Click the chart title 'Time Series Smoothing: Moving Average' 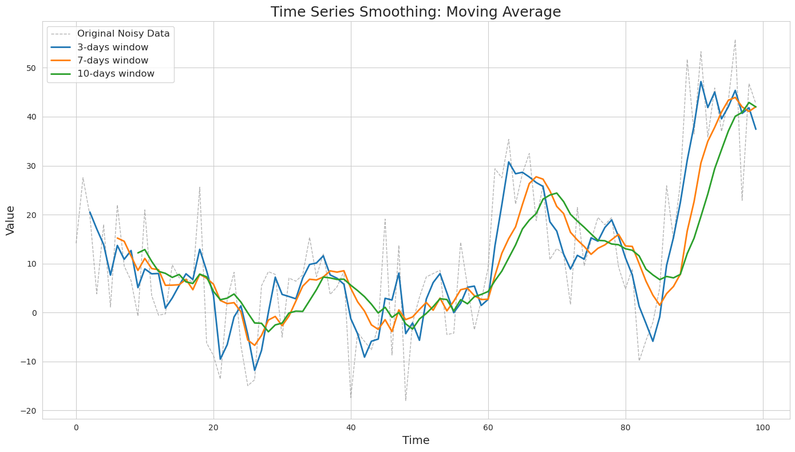[x=416, y=11]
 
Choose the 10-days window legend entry [x=102, y=73]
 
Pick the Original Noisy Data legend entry [x=110, y=34]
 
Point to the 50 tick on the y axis [x=31, y=68]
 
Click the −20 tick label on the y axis [x=29, y=411]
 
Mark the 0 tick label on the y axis [x=34, y=313]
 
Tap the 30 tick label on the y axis [x=31, y=166]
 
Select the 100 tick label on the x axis [x=763, y=428]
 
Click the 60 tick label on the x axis [x=488, y=428]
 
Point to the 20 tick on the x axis [x=213, y=428]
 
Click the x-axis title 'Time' [x=416, y=441]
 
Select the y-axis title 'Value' [x=10, y=220]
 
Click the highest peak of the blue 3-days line [x=701, y=82]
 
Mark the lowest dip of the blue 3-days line [x=255, y=370]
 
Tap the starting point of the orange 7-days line [x=117, y=238]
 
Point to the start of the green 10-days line [x=138, y=253]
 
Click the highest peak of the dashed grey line [x=735, y=39]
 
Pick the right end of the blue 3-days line [x=756, y=129]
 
